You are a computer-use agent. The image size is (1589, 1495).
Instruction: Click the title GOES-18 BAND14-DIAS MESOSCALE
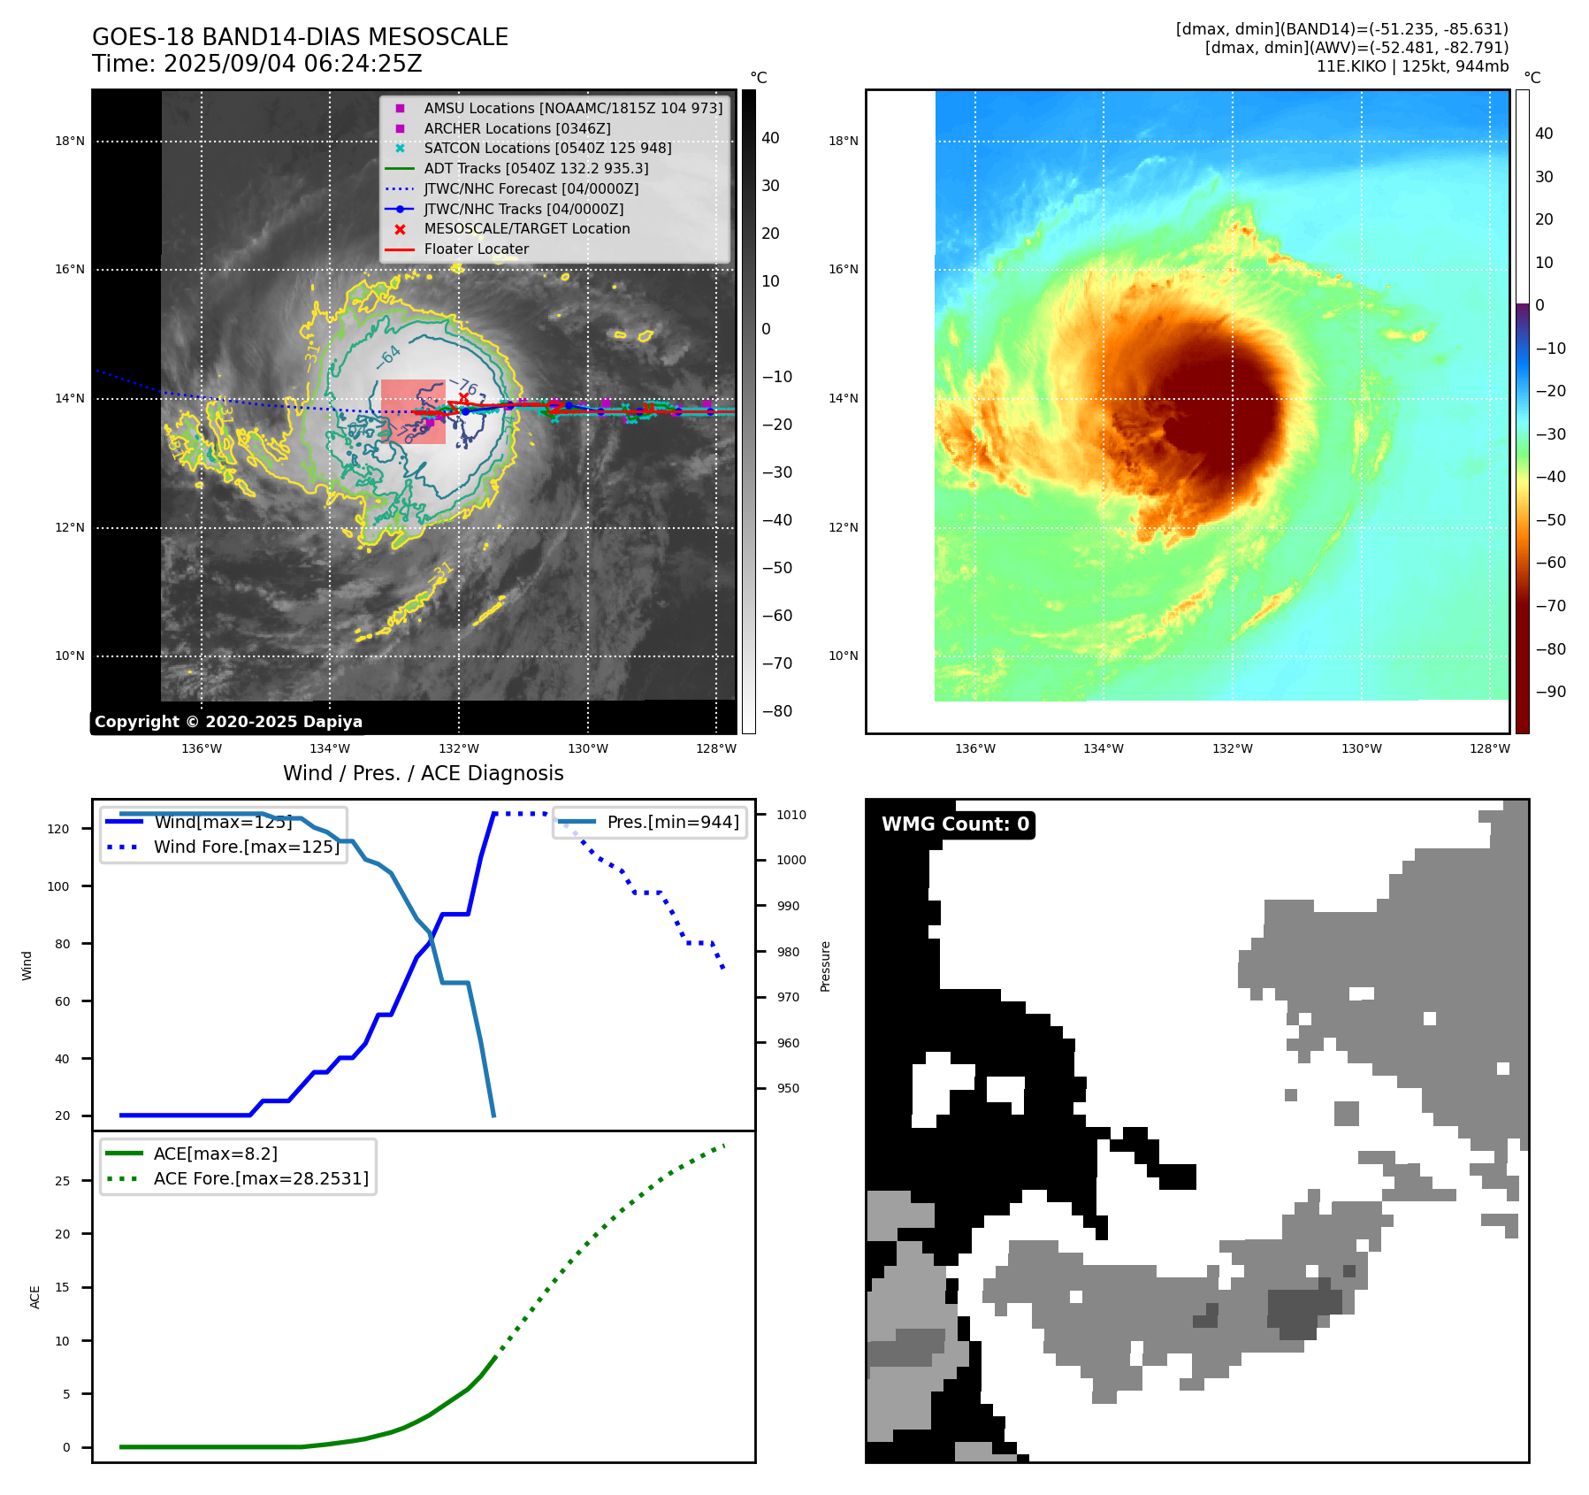click(300, 37)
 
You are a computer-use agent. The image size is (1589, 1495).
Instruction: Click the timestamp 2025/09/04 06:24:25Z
click(293, 64)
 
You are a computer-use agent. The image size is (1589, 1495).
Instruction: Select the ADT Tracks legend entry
click(536, 168)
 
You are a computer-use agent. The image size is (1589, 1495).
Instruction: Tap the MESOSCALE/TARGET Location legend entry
click(527, 228)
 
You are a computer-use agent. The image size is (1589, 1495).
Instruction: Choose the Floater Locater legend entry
click(476, 249)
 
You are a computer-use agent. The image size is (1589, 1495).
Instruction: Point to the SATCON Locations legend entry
click(547, 148)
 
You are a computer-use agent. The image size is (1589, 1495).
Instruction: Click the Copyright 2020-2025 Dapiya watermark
click(228, 721)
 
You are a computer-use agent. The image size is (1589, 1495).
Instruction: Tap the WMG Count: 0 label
click(955, 824)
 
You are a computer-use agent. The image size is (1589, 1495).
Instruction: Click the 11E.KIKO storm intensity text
click(1412, 66)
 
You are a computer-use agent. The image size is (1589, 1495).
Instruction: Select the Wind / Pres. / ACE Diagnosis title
click(423, 773)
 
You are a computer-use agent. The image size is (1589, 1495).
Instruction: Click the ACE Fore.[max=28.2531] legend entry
click(261, 1178)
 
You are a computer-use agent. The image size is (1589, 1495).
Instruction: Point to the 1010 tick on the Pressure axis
click(791, 815)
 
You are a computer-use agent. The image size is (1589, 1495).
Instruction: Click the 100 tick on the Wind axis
click(57, 886)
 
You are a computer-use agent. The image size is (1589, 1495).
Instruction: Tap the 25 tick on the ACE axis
click(62, 1181)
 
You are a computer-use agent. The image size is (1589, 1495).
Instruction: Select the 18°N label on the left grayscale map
click(70, 141)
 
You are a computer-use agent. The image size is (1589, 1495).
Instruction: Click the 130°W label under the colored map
click(1361, 748)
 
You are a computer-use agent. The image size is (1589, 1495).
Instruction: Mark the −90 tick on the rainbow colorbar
click(1550, 692)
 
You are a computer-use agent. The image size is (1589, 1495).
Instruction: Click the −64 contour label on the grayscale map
click(388, 356)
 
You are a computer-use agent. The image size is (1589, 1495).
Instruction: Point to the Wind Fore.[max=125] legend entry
click(247, 847)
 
